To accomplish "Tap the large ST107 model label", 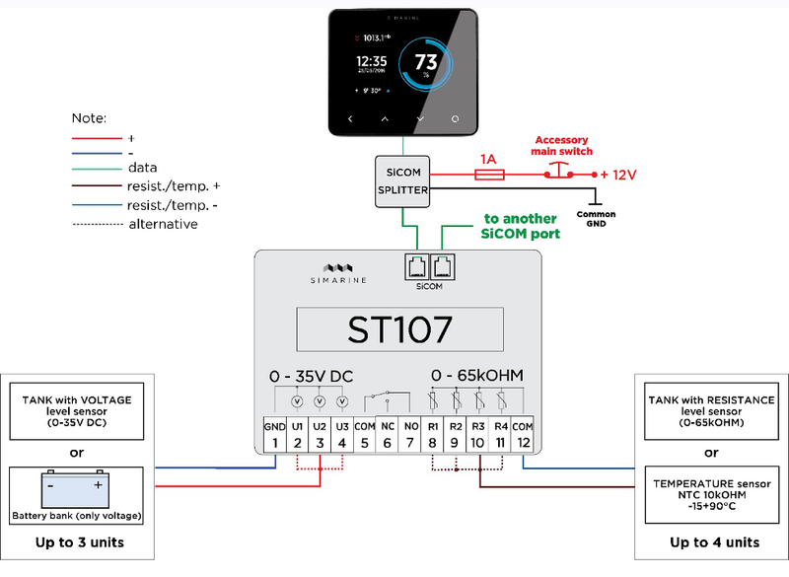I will tap(399, 329).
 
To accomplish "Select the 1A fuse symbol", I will tap(490, 175).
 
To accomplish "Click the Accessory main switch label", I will tap(563, 146).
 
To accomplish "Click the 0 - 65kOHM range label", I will tap(476, 376).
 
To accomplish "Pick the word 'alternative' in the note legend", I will tap(163, 224).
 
